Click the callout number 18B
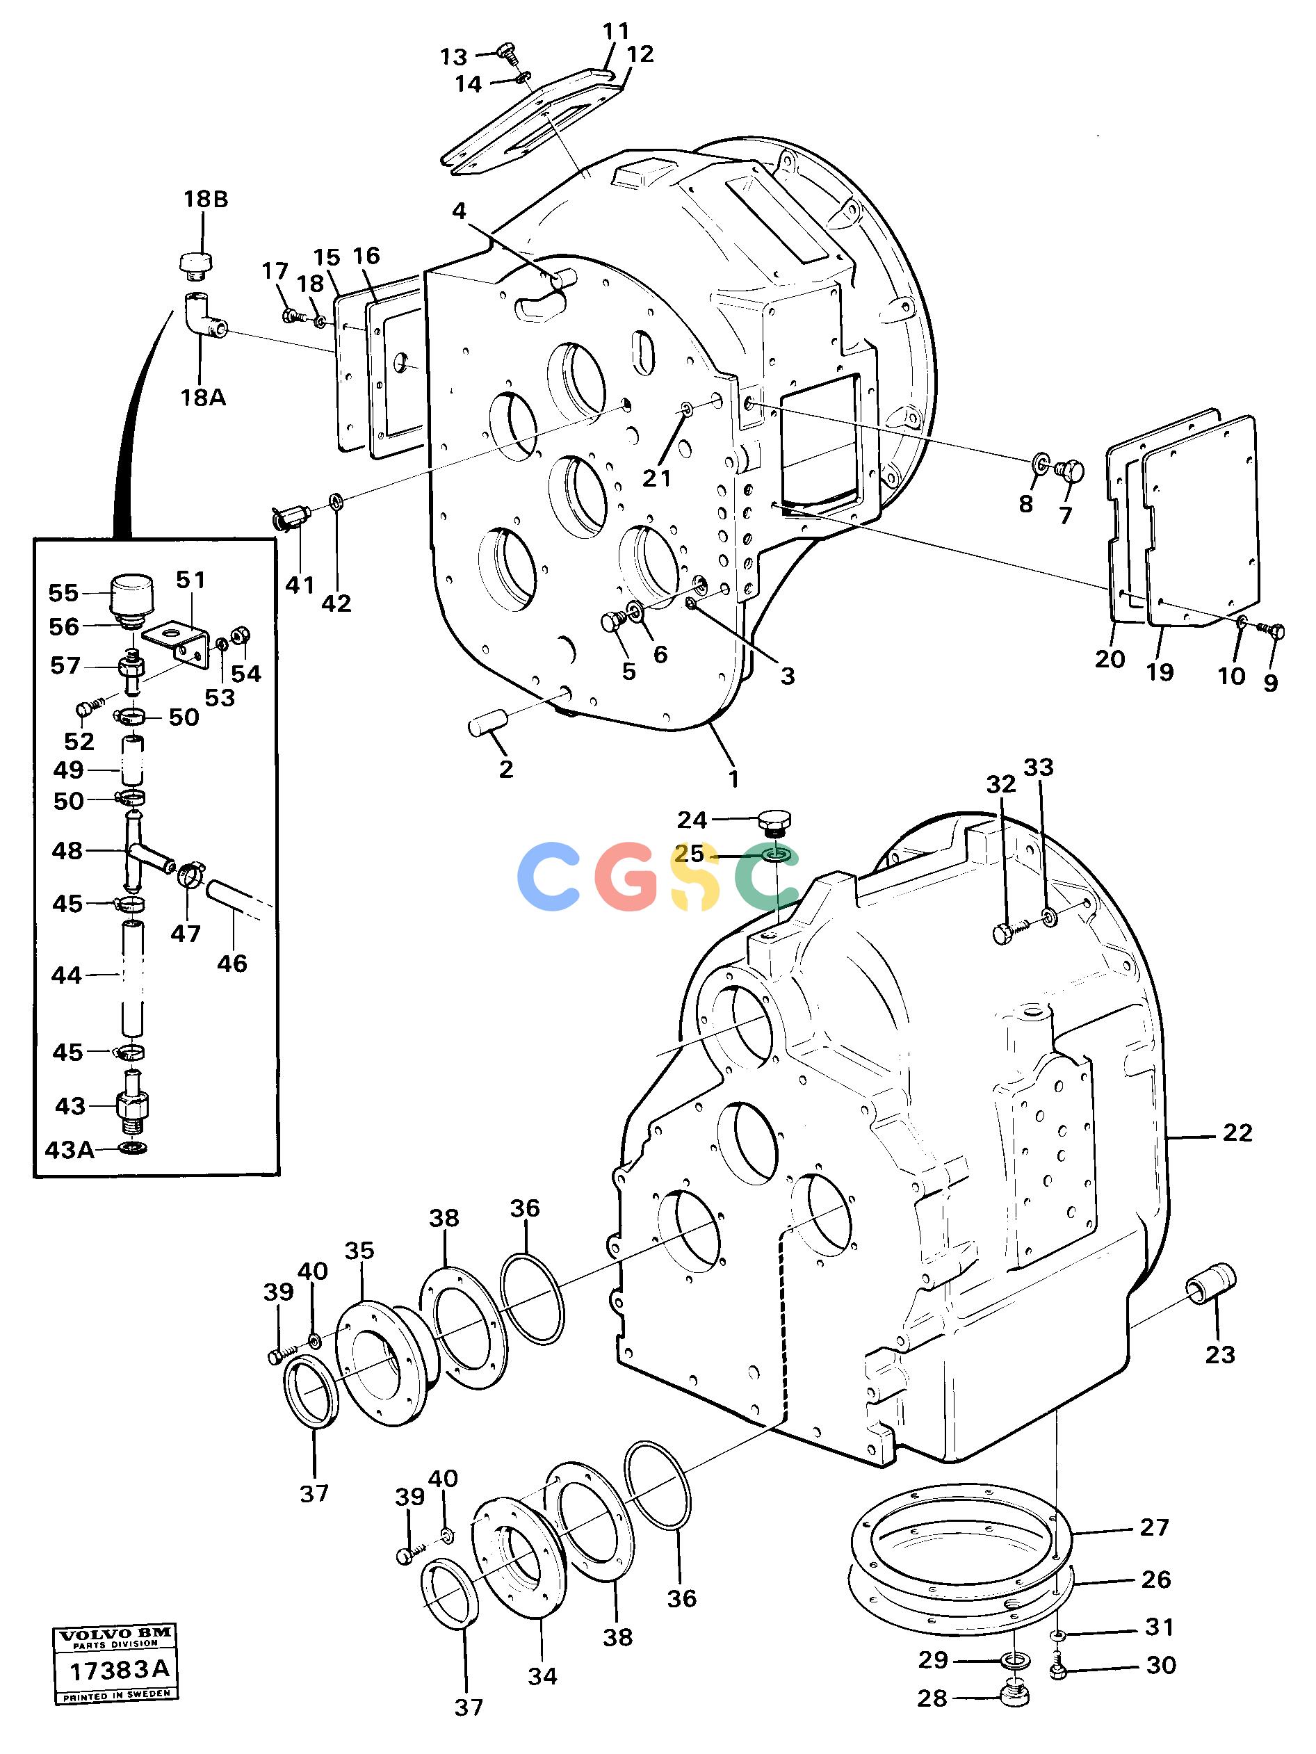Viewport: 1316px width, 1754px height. [205, 199]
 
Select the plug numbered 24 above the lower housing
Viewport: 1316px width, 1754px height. [774, 824]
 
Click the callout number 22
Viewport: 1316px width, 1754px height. [1237, 1133]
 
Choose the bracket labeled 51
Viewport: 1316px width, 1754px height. [176, 642]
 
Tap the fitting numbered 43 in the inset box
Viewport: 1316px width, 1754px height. [133, 1105]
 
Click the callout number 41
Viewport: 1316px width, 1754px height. [300, 585]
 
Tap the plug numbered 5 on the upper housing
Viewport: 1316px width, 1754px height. [612, 622]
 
